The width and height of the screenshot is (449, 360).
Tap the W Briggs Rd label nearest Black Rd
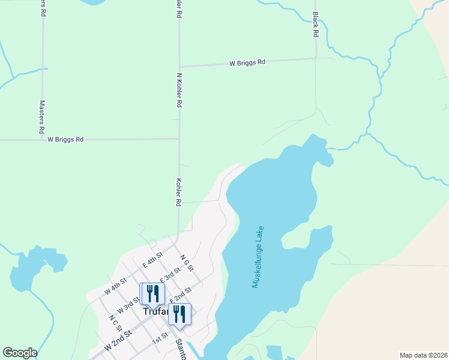coord(247,62)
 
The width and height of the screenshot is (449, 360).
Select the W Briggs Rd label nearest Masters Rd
coord(65,139)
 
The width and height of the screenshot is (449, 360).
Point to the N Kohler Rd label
coord(179,91)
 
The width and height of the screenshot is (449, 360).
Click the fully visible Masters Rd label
coord(42,116)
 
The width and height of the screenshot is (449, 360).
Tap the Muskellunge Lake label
coord(259,257)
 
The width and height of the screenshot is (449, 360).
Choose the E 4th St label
coord(152,260)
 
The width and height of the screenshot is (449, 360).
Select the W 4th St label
coord(115,286)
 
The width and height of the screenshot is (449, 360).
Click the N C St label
coord(115,323)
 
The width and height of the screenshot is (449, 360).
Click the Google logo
coord(20,353)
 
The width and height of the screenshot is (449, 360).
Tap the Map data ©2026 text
coord(423,355)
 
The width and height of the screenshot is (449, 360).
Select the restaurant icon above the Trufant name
coord(152,295)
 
